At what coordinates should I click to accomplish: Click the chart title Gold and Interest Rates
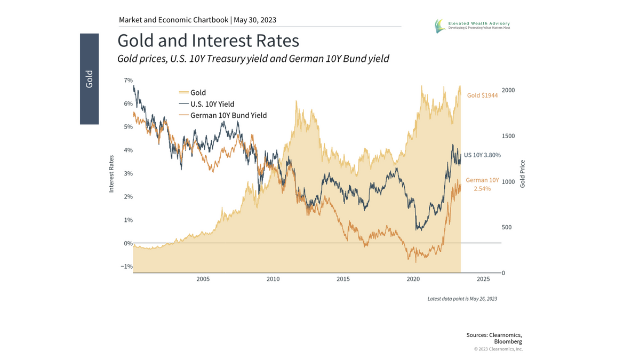point(208,41)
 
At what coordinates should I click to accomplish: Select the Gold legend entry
point(198,93)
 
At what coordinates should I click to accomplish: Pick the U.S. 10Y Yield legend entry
point(212,104)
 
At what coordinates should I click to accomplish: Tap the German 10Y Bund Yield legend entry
point(228,115)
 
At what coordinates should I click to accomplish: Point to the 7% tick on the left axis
point(128,81)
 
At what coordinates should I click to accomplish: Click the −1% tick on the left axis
point(127,266)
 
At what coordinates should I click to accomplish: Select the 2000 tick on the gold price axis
point(508,90)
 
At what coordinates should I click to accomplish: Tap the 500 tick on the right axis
point(506,227)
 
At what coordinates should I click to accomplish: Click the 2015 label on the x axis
point(343,279)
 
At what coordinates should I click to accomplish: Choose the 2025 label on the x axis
point(483,279)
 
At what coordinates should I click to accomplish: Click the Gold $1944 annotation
point(482,95)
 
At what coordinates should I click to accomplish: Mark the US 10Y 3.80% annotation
point(482,155)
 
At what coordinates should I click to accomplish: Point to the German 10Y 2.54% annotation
point(482,184)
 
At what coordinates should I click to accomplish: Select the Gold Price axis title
point(523,173)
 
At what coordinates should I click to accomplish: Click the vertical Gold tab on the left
point(89,79)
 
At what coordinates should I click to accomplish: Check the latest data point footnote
point(462,299)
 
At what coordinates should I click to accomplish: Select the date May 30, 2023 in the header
point(255,20)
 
